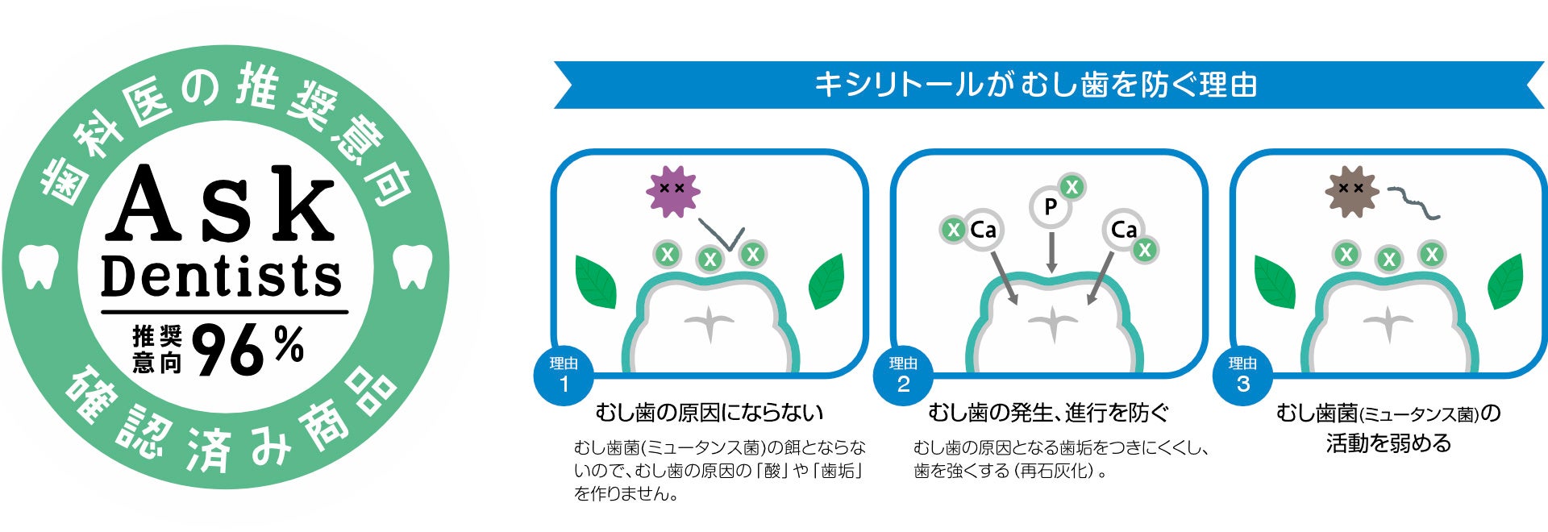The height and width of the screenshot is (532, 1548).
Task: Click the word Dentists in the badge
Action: (222, 276)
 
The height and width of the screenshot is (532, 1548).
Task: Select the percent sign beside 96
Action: (288, 344)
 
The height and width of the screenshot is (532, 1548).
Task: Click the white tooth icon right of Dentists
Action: (412, 267)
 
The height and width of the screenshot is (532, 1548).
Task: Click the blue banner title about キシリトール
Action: (1036, 85)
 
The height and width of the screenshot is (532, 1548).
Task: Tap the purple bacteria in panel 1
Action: (672, 191)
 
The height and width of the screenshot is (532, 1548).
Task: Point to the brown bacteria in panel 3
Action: (1351, 191)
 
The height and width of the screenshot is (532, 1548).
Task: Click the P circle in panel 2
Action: (1050, 207)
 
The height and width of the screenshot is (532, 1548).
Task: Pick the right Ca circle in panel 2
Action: (1123, 231)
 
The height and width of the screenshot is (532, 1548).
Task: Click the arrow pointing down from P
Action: (1051, 253)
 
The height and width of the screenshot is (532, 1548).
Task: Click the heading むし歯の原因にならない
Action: (709, 413)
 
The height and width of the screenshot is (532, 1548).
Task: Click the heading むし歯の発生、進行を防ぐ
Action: (1048, 413)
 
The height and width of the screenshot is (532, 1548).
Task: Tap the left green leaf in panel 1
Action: (596, 281)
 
